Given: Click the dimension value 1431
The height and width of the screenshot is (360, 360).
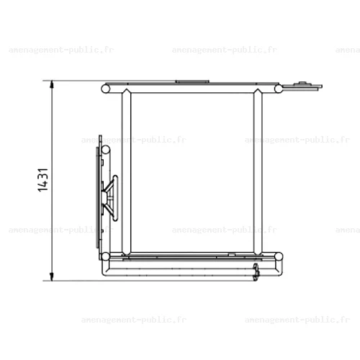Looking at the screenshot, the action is click(x=43, y=180).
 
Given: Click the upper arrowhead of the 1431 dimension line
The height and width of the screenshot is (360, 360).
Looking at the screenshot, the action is click(x=52, y=85).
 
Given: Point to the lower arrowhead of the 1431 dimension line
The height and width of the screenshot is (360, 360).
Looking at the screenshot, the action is click(x=52, y=276).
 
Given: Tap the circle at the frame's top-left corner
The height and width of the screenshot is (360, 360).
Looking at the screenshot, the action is click(x=105, y=89).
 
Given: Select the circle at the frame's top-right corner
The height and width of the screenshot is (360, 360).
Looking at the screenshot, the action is click(x=279, y=89).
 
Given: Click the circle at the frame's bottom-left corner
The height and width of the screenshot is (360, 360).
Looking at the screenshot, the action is click(x=105, y=256).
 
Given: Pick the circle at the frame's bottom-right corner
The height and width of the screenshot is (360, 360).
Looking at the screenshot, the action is click(x=279, y=256).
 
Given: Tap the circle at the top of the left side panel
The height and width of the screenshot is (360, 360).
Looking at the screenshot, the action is click(x=105, y=150).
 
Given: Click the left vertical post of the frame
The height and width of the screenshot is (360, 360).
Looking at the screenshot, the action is click(x=126, y=171).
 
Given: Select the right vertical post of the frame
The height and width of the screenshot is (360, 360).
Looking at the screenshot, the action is click(x=258, y=171).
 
